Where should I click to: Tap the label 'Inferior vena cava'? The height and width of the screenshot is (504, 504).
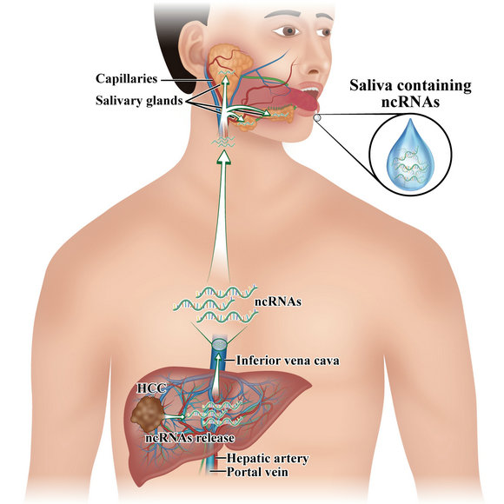[x=288, y=361]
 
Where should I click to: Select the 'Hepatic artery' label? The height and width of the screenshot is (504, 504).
[x=268, y=458]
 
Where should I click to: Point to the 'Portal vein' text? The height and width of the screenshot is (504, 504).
[x=257, y=472]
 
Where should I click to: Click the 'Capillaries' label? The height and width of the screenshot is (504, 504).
[x=126, y=79]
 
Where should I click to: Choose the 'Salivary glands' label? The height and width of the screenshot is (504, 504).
[x=139, y=101]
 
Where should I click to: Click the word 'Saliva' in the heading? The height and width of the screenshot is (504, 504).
[x=371, y=86]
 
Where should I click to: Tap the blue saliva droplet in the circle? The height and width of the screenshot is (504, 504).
[x=410, y=156]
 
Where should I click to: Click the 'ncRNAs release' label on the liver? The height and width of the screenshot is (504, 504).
[x=189, y=438]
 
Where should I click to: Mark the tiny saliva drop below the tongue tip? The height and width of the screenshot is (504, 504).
[x=317, y=118]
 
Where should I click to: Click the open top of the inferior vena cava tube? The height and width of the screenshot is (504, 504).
[x=220, y=346]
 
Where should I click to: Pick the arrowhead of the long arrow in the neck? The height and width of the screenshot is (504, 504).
[x=225, y=157]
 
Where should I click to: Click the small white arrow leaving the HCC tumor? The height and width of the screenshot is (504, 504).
[x=175, y=416]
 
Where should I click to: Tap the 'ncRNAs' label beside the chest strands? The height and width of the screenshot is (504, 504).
[x=278, y=302]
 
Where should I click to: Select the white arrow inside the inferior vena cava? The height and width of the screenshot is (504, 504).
[x=218, y=373]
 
